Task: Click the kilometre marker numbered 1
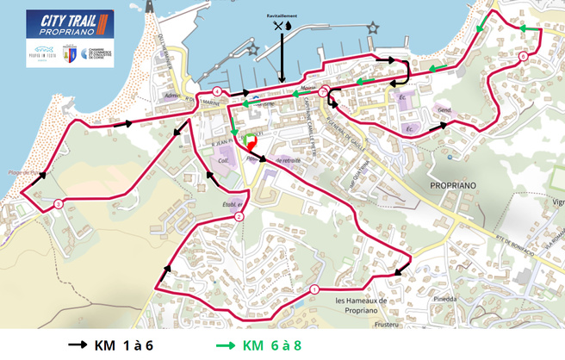pyautogui.click(x=314, y=289)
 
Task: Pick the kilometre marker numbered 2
pyautogui.click(x=239, y=216)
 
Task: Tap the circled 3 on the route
pyautogui.click(x=57, y=203)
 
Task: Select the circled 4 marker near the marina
pyautogui.click(x=218, y=91)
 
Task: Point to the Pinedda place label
pyautogui.click(x=446, y=301)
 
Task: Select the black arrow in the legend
pyautogui.click(x=78, y=345)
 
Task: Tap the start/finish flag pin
pyautogui.click(x=251, y=142)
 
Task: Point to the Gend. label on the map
pyautogui.click(x=445, y=112)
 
